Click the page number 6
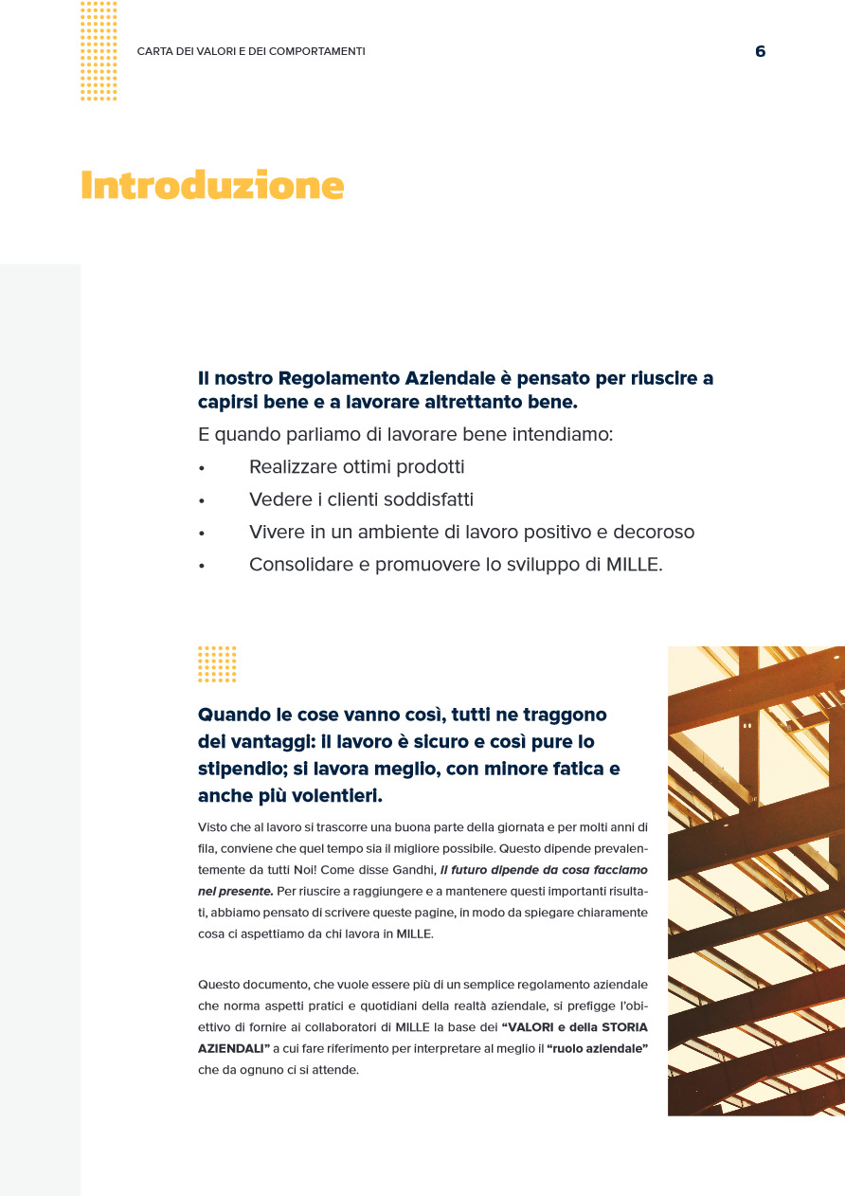click(x=760, y=52)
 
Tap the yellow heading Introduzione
click(x=212, y=186)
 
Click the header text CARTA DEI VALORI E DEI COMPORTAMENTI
click(x=251, y=51)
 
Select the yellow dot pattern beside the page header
click(x=99, y=51)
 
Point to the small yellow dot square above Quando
click(x=217, y=664)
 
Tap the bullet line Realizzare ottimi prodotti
click(x=356, y=467)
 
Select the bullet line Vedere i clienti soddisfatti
click(x=361, y=499)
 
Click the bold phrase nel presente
click(x=235, y=892)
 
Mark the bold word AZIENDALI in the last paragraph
click(x=231, y=1049)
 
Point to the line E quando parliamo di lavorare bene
click(x=405, y=435)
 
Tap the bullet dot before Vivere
click(x=202, y=534)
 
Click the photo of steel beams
click(x=756, y=880)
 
